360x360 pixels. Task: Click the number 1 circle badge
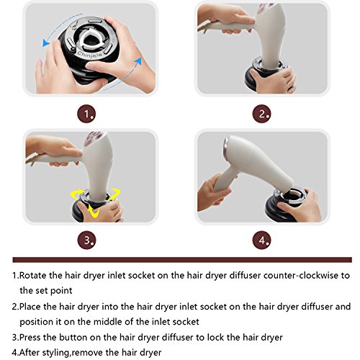pos(86,114)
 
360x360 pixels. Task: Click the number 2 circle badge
pos(261,114)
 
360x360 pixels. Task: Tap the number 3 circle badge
pos(86,240)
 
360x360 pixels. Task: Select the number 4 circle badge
pos(261,240)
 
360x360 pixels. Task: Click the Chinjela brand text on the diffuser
pos(90,54)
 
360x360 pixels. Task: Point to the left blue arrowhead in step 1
pos(46,42)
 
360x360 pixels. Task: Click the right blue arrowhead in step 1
pos(138,60)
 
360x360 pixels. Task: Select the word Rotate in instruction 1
pos(33,275)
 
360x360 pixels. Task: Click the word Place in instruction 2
pos(30,307)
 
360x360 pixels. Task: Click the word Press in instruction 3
pos(30,337)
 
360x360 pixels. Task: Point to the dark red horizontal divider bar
pos(182,260)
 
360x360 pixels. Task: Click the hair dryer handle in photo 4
pos(222,179)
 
